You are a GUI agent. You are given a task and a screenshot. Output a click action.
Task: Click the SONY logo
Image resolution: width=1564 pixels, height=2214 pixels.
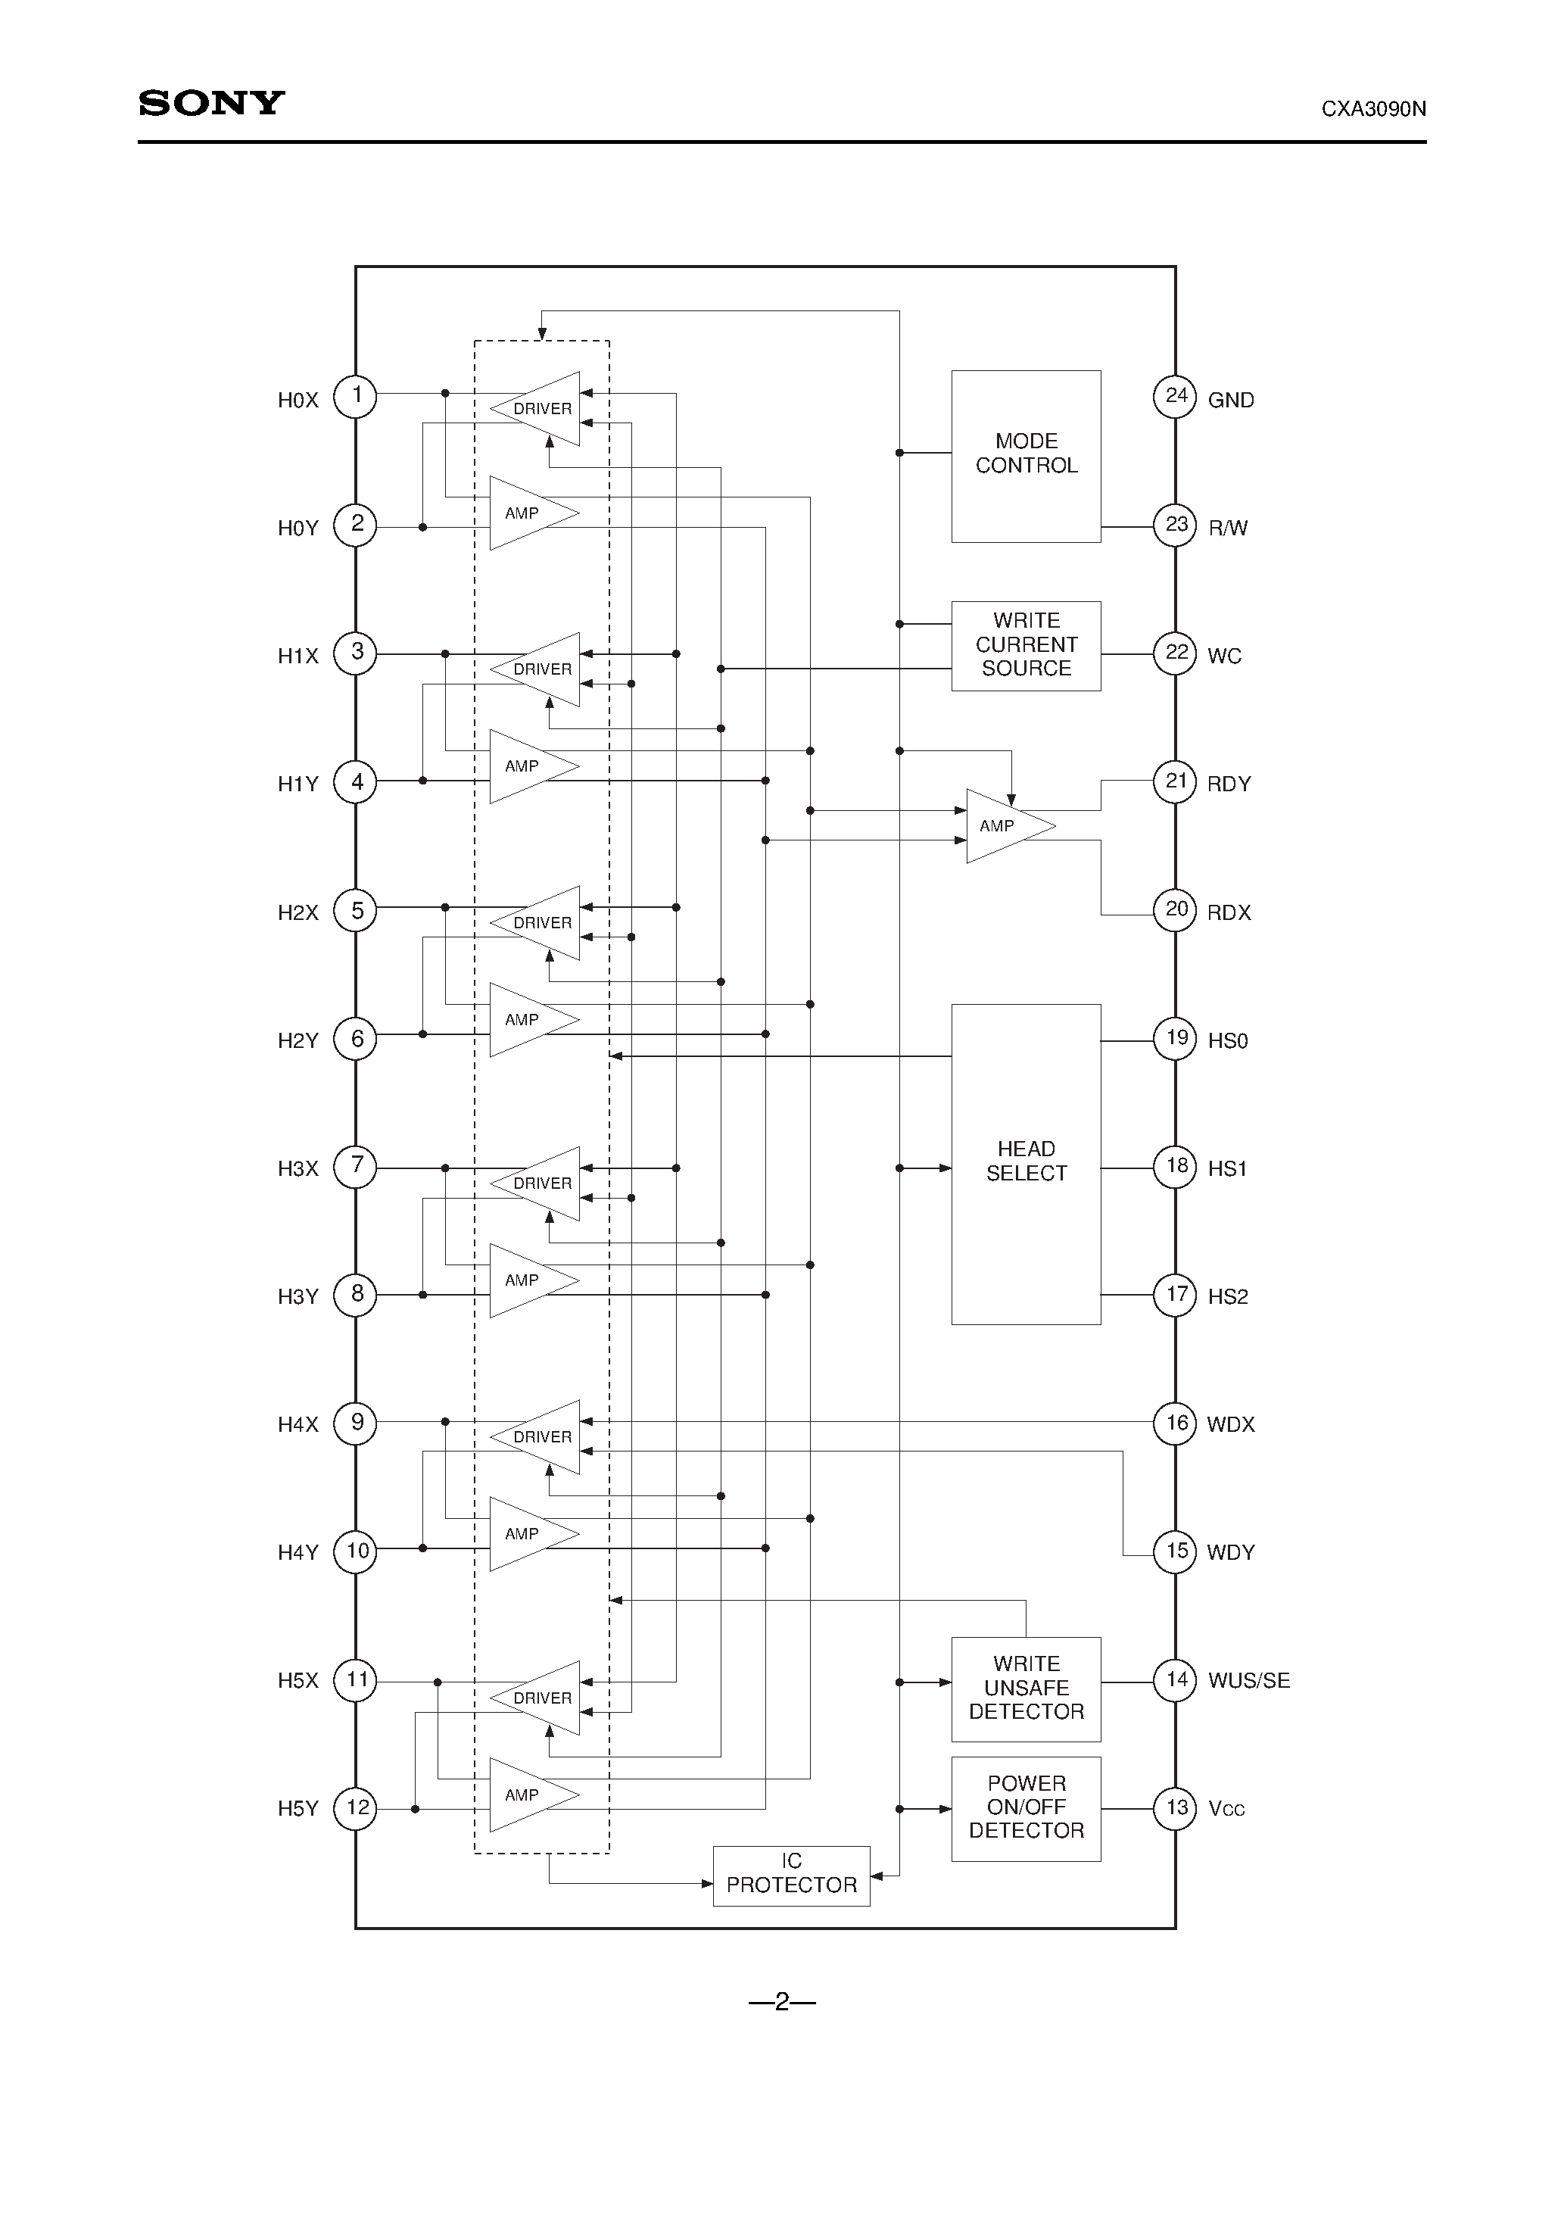(x=211, y=103)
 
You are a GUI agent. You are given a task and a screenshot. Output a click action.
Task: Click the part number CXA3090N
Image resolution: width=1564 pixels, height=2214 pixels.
(x=1373, y=109)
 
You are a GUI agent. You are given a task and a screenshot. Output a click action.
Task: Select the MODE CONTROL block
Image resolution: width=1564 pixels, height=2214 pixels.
(x=1026, y=455)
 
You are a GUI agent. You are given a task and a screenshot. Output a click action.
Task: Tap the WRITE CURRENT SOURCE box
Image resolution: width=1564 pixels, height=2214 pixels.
(x=1026, y=645)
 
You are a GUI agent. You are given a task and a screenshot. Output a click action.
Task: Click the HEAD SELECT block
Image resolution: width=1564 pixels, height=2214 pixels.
(x=1026, y=1163)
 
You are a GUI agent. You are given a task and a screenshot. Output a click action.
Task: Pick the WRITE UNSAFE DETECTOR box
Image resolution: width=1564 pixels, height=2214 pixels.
(x=1026, y=1689)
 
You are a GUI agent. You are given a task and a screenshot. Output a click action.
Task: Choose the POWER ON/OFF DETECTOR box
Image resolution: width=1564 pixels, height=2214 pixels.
(x=1026, y=1808)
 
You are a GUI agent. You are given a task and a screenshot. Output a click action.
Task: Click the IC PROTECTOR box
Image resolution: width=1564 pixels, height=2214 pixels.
(x=790, y=1876)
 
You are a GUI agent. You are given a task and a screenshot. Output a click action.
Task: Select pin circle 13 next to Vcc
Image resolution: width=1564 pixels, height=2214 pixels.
(x=1176, y=1808)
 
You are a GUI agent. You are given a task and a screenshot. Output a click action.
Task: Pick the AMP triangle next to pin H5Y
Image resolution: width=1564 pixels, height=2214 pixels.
(x=528, y=1795)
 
